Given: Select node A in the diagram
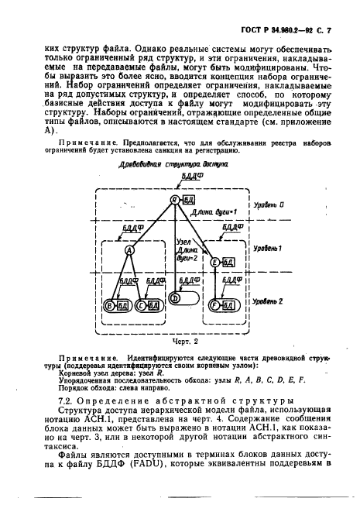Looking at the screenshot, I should [129, 250].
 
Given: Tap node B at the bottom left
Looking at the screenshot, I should [110, 305].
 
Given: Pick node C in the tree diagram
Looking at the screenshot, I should [142, 305].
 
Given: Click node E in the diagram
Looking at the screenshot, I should [215, 263].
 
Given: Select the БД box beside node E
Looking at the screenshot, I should [229, 263].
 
